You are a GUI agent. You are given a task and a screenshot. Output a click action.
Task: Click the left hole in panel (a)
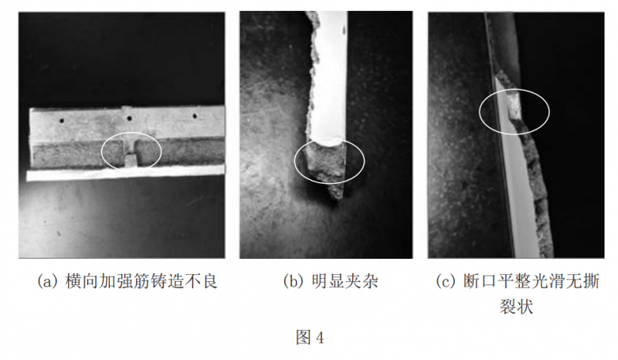pyautogui.click(x=62, y=121)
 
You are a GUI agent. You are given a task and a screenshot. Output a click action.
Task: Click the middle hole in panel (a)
pyautogui.click(x=128, y=118)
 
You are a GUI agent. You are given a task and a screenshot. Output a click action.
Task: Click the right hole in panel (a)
pyautogui.click(x=195, y=116)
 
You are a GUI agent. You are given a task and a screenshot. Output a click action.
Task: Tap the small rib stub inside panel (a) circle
pyautogui.click(x=131, y=160)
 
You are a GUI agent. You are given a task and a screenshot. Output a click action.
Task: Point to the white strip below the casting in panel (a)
pyautogui.click(x=125, y=173)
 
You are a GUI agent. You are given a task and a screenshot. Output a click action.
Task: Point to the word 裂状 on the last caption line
pyautogui.click(x=516, y=306)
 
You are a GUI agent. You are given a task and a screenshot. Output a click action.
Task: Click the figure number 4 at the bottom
pyautogui.click(x=319, y=338)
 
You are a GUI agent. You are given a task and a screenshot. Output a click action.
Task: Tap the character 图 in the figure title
pyautogui.click(x=304, y=338)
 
